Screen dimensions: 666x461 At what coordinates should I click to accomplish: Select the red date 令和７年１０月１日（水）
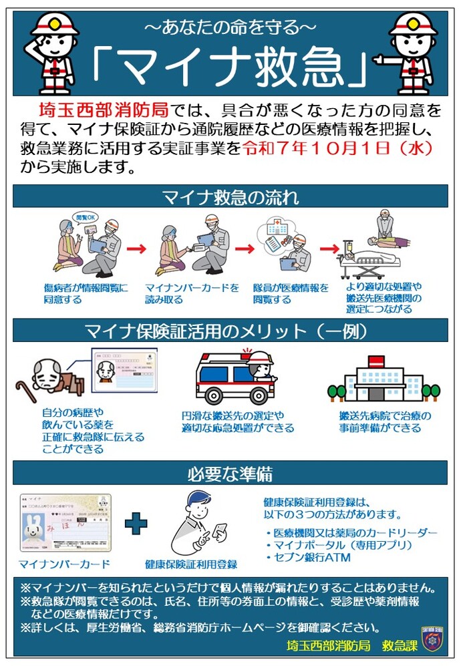(x=337, y=147)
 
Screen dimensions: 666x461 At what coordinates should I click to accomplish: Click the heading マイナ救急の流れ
(x=230, y=197)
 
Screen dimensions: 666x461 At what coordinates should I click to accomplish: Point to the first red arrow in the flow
(x=136, y=248)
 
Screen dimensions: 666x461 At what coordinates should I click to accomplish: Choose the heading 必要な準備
(x=230, y=474)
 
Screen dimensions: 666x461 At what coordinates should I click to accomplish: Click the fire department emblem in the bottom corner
(x=433, y=639)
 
